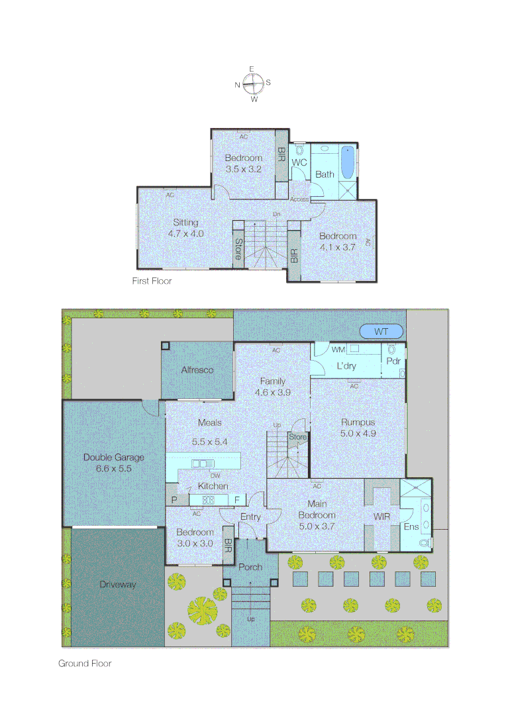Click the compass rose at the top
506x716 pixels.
click(253, 84)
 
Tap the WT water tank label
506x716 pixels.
click(381, 331)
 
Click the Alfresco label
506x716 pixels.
click(197, 370)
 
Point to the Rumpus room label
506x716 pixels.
click(358, 422)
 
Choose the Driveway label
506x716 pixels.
click(118, 584)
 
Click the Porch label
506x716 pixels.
click(250, 567)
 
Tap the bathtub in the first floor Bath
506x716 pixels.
click(347, 163)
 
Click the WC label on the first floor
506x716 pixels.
click(299, 162)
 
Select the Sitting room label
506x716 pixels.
click(185, 223)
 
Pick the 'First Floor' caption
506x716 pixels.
click(152, 281)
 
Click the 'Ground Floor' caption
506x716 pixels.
click(85, 663)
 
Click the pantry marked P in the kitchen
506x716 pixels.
click(175, 500)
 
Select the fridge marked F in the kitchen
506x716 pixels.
click(238, 500)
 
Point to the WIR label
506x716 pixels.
click(382, 515)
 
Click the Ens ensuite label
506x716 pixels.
click(411, 527)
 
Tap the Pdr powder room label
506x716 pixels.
click(393, 361)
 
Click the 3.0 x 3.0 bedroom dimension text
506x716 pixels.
click(195, 543)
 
